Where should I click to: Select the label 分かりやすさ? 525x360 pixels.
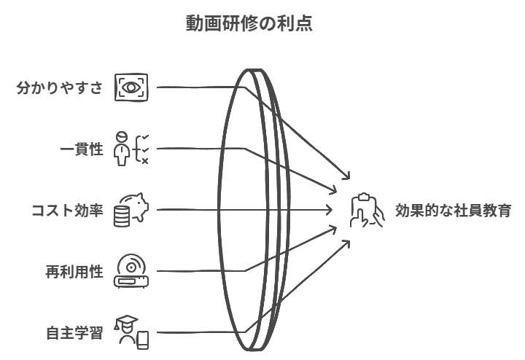click(x=60, y=87)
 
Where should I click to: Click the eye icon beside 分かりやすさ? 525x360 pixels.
click(x=131, y=87)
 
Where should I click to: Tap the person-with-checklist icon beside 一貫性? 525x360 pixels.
click(x=131, y=149)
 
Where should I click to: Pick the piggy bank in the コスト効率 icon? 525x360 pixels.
click(x=136, y=204)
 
